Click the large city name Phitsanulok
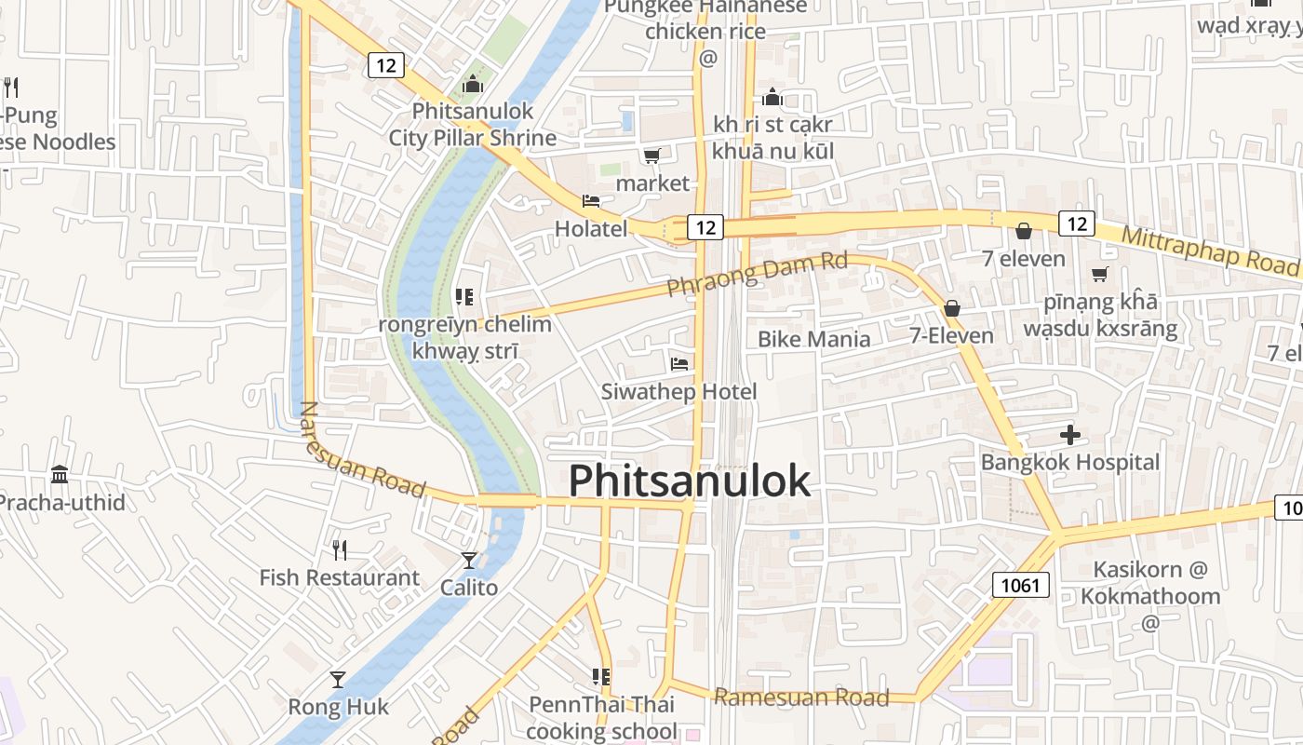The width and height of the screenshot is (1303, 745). click(x=690, y=481)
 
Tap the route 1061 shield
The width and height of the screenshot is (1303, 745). click(x=1021, y=585)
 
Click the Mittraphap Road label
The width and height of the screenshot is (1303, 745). click(x=1209, y=249)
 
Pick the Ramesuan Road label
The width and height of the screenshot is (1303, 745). click(x=801, y=698)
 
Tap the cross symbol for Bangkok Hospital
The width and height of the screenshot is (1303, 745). click(x=1070, y=434)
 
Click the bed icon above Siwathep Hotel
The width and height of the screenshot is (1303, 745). click(x=679, y=364)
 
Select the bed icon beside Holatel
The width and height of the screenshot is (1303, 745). click(x=591, y=201)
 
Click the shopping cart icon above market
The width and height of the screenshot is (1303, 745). click(x=652, y=156)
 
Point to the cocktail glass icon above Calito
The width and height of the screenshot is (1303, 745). click(x=469, y=560)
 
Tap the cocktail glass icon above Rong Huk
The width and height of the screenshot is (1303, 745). click(x=338, y=680)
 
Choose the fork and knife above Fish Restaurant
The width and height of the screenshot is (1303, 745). click(x=340, y=550)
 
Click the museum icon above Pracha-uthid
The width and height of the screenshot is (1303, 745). click(x=60, y=475)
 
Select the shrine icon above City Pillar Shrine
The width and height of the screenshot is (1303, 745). click(x=473, y=85)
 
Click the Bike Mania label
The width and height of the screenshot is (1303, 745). click(x=813, y=339)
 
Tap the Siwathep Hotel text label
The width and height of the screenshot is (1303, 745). click(x=678, y=392)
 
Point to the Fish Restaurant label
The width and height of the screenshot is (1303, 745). click(x=339, y=578)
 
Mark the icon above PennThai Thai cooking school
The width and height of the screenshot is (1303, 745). click(x=601, y=677)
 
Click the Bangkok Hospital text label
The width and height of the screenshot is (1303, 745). click(x=1070, y=463)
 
